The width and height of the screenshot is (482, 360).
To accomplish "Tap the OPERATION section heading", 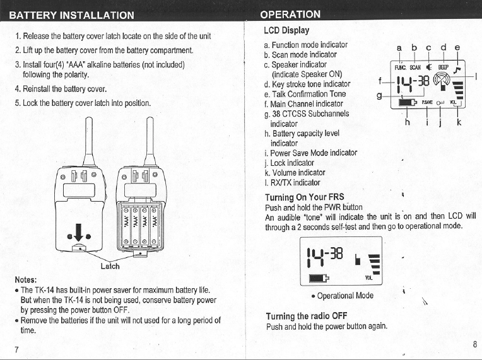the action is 290,15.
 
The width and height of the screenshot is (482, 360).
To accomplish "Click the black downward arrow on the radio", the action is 78,233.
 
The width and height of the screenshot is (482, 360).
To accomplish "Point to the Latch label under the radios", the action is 110,266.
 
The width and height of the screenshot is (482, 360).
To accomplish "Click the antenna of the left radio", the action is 83,142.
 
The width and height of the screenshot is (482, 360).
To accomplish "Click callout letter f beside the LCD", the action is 379,80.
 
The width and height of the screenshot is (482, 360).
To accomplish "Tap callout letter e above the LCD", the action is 457,47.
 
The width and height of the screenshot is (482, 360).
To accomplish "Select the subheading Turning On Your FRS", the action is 304,197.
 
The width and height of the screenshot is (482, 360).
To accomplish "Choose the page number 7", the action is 17,349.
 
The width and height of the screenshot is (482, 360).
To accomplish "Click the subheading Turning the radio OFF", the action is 307,316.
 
